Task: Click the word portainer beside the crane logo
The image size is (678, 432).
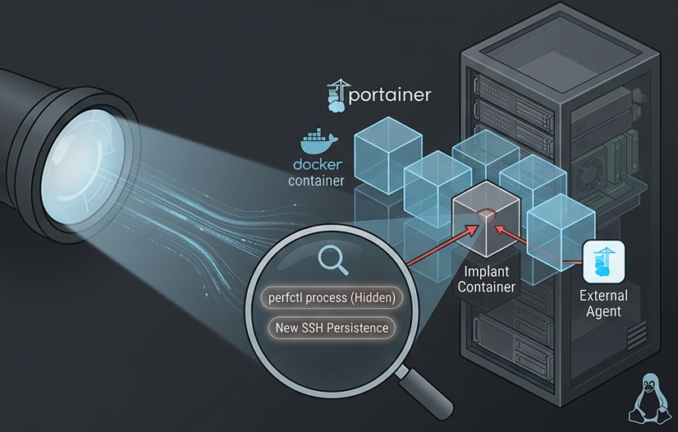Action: click(390, 95)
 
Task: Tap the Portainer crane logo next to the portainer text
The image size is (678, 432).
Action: click(337, 95)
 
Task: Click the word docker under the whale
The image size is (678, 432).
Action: click(318, 164)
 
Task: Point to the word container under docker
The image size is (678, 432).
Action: click(316, 181)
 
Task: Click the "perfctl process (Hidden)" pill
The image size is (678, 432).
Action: click(332, 298)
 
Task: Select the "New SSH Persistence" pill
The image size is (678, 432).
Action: click(332, 328)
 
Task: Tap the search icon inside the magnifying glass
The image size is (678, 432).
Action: click(333, 260)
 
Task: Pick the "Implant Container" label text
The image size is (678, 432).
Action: click(487, 279)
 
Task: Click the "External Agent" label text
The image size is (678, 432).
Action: click(603, 304)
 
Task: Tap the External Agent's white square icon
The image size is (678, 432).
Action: click(603, 262)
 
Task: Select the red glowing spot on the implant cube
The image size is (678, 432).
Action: click(485, 214)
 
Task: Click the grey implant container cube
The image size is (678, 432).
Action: click(486, 218)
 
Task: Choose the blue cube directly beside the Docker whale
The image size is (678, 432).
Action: click(388, 154)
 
